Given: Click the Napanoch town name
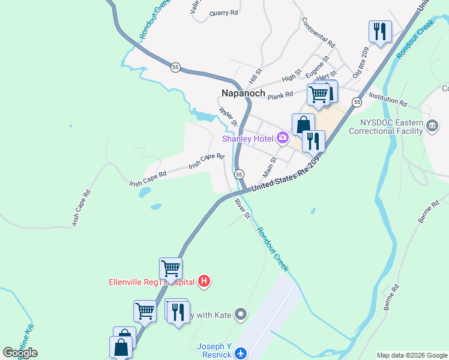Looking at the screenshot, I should pyautogui.click(x=244, y=93).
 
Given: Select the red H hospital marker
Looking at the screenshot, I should pyautogui.click(x=204, y=281).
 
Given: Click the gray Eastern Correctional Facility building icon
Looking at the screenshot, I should pyautogui.click(x=432, y=125).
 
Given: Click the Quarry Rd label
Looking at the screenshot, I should pyautogui.click(x=224, y=13).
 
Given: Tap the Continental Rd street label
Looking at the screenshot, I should pyautogui.click(x=318, y=32).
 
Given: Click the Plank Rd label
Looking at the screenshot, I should pyautogui.click(x=280, y=95).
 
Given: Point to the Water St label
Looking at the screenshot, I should pyautogui.click(x=228, y=116).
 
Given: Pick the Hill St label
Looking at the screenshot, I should pyautogui.click(x=256, y=76).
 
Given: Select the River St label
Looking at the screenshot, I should pyautogui.click(x=242, y=208).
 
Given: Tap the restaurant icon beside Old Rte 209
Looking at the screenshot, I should pyautogui.click(x=379, y=31).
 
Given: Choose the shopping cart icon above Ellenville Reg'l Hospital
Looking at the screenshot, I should pyautogui.click(x=171, y=268).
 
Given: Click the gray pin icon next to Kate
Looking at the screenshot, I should pyautogui.click(x=241, y=314).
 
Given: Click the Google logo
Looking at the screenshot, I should pyautogui.click(x=20, y=353).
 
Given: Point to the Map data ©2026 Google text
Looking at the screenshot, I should pyautogui.click(x=412, y=355).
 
